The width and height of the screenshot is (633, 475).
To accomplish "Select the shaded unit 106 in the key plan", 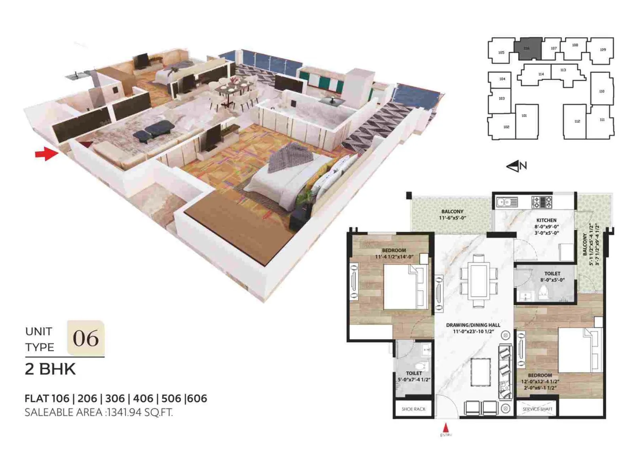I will pos(527,48).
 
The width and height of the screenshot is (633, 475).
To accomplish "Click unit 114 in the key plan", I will pos(541,74).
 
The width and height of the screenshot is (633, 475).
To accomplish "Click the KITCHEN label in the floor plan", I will pos(546,220).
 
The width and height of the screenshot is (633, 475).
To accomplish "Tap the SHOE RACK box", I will pos(413,409).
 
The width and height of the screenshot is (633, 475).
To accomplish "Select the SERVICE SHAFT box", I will pos(537,409).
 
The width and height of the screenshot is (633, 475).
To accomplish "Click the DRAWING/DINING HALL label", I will pos(473,325).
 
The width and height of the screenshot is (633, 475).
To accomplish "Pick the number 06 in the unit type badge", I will pos(85,338).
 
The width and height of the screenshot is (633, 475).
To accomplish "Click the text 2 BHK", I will pos(50,369).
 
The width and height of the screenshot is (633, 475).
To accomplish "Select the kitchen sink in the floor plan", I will pos(507,202).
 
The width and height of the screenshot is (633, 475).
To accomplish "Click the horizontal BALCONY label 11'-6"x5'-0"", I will pos(452,215).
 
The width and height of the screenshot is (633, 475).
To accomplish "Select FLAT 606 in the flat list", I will pos(197,398).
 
